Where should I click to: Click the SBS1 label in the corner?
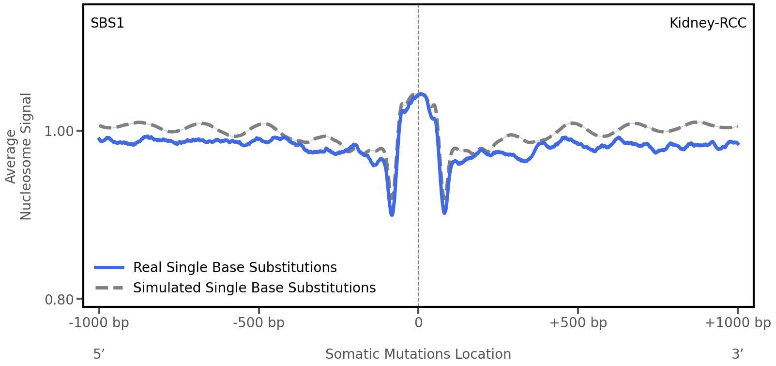107,23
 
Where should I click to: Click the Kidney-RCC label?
708,23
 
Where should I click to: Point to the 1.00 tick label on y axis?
59,131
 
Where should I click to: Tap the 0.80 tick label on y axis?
59,300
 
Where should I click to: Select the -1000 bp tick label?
99,323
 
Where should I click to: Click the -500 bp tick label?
259,323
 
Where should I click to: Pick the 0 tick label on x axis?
418,323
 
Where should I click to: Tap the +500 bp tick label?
578,323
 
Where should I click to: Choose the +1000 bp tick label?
737,323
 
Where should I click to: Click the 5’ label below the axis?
99,354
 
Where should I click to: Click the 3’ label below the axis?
737,354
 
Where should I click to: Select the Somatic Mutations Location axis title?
418,354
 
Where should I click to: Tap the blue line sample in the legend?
109,268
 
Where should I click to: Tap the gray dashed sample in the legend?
109,288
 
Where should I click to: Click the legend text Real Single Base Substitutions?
235,268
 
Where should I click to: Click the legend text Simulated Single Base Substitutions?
254,288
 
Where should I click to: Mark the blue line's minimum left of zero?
392,214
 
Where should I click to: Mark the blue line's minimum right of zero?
444,212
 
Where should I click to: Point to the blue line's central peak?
421,94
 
